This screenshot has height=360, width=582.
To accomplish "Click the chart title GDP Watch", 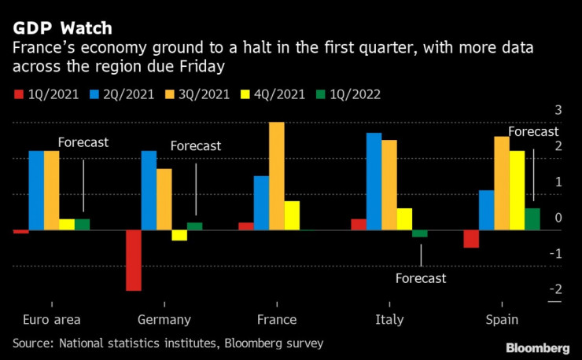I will click(x=61, y=28).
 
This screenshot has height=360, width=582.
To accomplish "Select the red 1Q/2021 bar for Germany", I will click(x=134, y=260).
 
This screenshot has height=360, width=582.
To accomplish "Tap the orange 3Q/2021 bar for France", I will click(x=277, y=176).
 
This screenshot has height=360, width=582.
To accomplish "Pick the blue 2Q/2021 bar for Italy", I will click(x=374, y=182).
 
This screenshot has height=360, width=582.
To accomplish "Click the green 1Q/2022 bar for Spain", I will click(x=532, y=219).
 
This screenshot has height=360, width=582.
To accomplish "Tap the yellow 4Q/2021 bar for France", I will click(x=292, y=215).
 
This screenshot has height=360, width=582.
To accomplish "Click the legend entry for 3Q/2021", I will click(x=197, y=94).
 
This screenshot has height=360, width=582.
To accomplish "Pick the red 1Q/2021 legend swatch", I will click(x=19, y=94).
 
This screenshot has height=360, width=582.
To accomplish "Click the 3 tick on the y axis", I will click(x=558, y=109).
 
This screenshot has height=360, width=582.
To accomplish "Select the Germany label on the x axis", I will click(x=164, y=319).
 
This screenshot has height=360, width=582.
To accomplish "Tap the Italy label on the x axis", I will click(x=389, y=319).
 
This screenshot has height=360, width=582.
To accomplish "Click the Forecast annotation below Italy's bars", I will click(x=420, y=278).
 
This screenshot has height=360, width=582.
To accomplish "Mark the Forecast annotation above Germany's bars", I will click(x=196, y=145).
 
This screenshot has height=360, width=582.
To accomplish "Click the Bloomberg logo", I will click(x=537, y=347).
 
